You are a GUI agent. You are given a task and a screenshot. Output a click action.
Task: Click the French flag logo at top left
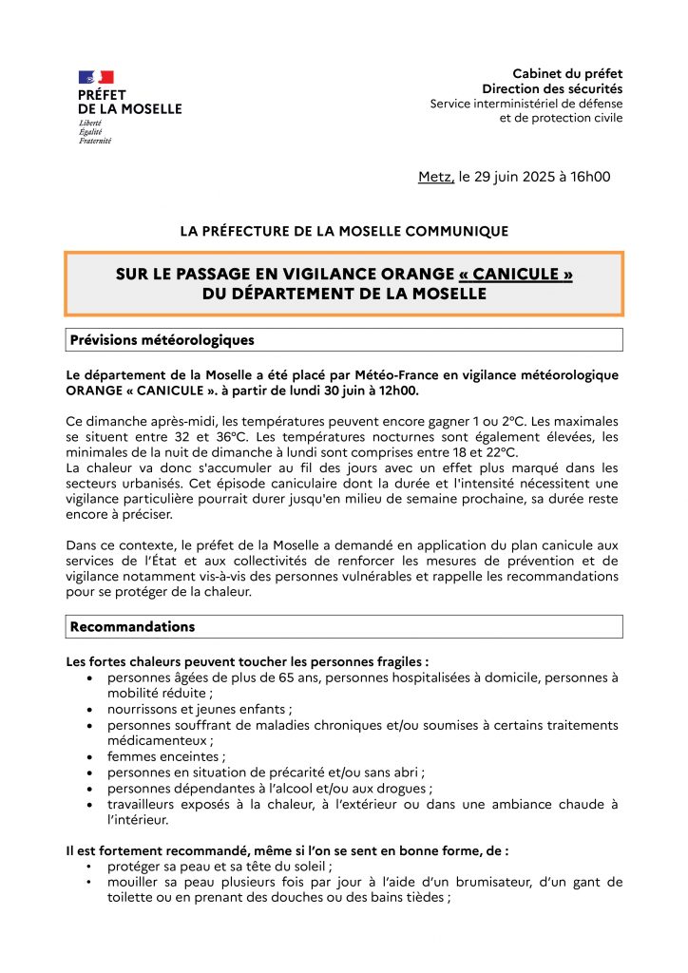coord(96,77)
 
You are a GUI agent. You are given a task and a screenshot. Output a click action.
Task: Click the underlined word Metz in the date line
coord(435,177)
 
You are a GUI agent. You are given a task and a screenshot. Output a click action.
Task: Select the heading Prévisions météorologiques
coord(162,339)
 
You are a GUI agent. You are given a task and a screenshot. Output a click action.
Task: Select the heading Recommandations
coord(132,626)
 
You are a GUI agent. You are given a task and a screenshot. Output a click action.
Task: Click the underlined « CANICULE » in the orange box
coord(515,275)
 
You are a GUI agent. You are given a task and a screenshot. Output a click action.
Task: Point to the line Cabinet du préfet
coord(567,74)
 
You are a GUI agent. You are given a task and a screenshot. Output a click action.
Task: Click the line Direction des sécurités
coord(552,88)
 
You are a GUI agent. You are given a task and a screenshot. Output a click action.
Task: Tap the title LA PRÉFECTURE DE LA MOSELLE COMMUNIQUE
coord(344,231)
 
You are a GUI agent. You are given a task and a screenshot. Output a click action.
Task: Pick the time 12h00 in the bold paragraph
coord(392,391)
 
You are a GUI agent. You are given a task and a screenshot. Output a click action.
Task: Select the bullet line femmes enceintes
coord(166,756)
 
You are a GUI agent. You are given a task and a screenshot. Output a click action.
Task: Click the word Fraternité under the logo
coord(95,141)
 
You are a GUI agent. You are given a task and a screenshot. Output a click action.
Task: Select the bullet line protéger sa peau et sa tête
coord(220,866)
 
